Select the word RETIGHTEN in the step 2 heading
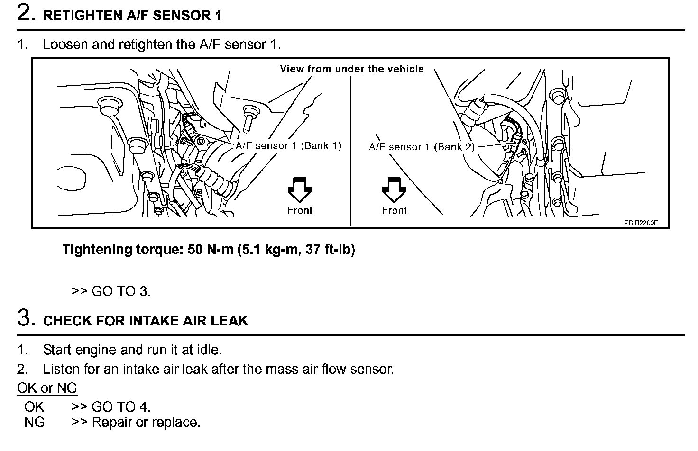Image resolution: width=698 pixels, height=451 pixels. [83, 16]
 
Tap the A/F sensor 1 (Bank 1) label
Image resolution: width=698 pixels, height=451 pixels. [288, 146]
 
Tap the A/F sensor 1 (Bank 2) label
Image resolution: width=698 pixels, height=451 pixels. [422, 147]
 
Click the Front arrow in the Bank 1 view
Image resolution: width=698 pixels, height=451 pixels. [300, 189]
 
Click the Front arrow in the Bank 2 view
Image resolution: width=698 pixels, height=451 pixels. [394, 189]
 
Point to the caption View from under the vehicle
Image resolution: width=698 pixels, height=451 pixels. [352, 69]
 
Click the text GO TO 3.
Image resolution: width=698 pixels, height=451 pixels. [121, 291]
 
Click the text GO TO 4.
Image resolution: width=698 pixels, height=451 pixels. [121, 406]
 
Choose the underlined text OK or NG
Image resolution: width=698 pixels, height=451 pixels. [47, 388]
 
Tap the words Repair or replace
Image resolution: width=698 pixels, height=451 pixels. [146, 422]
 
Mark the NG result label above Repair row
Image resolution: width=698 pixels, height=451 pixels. [34, 422]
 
